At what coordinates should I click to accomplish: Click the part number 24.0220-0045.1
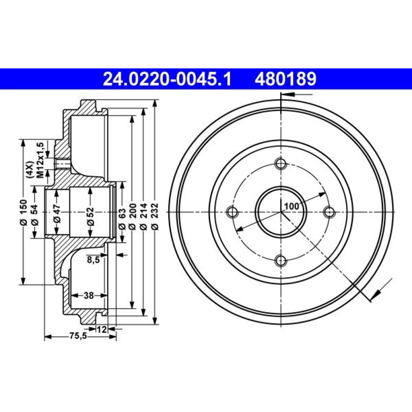pos(167,79)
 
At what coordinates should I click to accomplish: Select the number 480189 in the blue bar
pos(286,79)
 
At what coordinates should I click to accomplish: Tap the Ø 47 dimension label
pos(57,213)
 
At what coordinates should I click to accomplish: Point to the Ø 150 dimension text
pos(23,212)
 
